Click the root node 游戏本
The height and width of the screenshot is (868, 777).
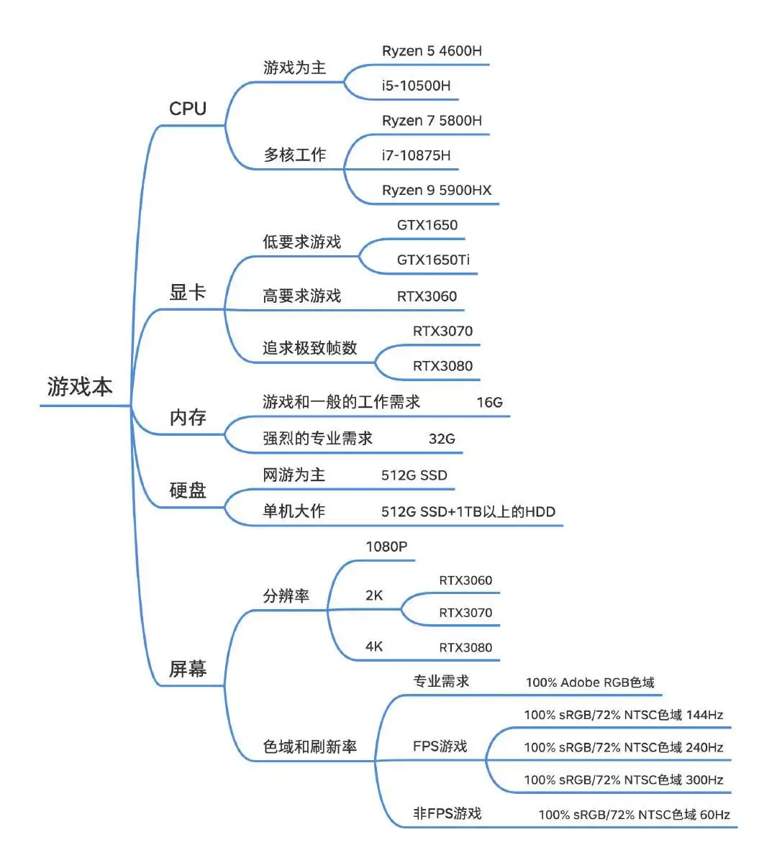pos(80,387)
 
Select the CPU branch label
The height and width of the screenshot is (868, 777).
pos(188,109)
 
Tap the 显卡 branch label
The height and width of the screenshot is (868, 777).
pos(188,293)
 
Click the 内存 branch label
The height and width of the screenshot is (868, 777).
pos(188,418)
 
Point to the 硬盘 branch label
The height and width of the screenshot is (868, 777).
pos(188,490)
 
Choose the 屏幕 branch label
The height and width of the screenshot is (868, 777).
pos(188,670)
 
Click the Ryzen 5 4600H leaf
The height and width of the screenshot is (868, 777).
pos(432,51)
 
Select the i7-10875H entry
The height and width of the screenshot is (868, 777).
pos(417,155)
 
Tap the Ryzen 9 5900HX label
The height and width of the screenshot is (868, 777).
pos(437,191)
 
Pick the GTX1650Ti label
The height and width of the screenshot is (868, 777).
pos(433,260)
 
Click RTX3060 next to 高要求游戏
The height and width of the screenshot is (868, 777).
pos(427,296)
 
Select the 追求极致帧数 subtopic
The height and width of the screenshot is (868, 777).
pos(309,348)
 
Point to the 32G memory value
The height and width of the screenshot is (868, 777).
pos(442,439)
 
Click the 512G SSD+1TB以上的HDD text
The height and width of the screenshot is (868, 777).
pos(468,512)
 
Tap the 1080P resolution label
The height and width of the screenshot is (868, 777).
pos(386,547)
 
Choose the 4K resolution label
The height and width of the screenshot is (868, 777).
pos(374,647)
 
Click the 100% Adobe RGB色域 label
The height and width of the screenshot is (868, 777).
pos(590,682)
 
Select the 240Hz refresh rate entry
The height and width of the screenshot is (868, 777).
pos(623,747)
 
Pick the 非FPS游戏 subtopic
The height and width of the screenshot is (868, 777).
pos(447,813)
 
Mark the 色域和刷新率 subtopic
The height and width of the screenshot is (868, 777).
pos(309,747)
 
